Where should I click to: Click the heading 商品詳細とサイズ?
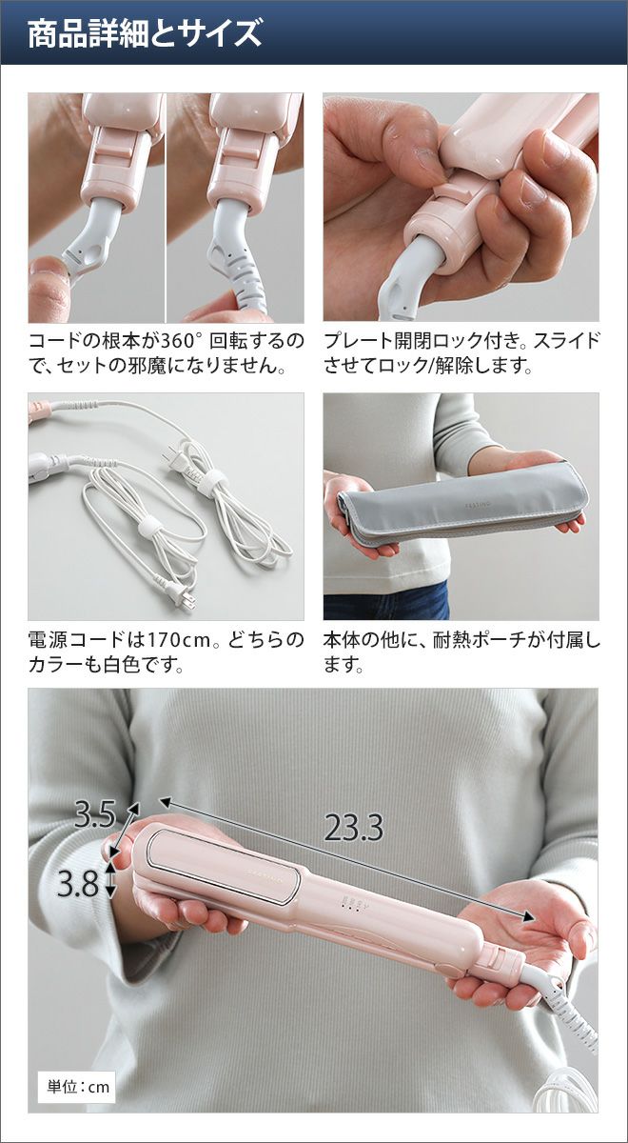pos(145,33)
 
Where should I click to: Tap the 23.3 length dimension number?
pos(354,827)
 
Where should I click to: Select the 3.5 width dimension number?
pos(94,814)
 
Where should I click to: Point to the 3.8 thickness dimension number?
pos(77,883)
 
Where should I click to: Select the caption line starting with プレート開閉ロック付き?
pos(461,340)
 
